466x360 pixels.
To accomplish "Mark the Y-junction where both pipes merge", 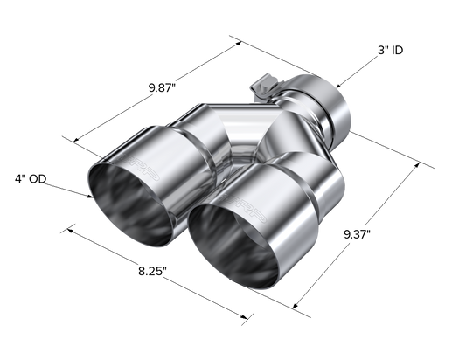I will (254, 140).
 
